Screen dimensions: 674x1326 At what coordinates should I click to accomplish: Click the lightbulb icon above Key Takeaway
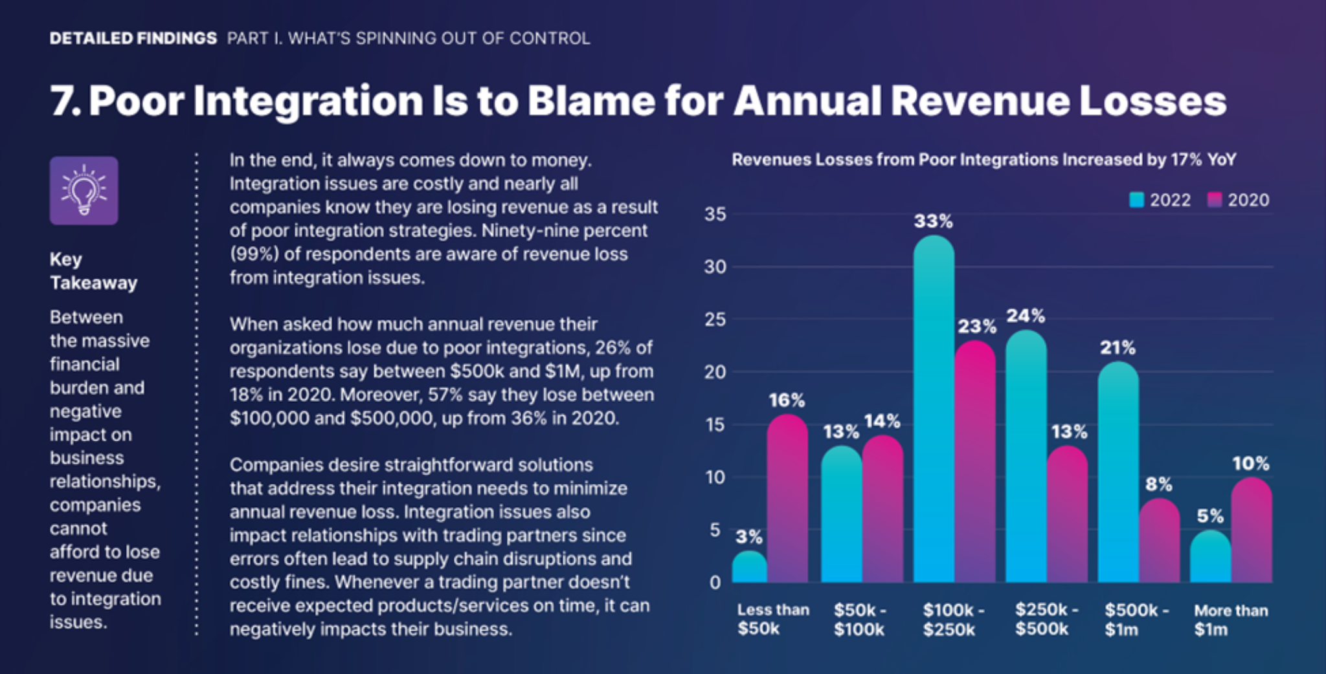coord(84,191)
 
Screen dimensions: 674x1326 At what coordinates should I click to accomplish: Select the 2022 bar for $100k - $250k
coord(934,414)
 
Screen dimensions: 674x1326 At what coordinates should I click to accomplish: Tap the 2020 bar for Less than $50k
coord(787,501)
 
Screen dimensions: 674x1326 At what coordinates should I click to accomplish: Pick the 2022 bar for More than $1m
coord(1210,558)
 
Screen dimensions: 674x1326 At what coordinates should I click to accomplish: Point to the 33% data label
coord(933,221)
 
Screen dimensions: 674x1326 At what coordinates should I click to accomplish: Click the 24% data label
coord(1025,316)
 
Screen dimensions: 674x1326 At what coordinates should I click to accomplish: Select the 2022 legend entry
coord(1160,200)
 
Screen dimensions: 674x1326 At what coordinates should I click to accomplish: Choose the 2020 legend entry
coord(1239,200)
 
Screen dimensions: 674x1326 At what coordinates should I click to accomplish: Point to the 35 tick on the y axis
coord(715,214)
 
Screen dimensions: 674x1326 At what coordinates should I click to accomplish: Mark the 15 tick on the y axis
coord(715,425)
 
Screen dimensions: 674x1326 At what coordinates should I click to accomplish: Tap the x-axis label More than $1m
coord(1230,619)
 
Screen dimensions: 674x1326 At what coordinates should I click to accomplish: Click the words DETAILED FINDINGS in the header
coord(133,38)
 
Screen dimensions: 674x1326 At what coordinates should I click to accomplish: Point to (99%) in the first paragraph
coord(254,254)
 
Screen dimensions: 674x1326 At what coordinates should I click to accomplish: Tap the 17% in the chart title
coord(1186,160)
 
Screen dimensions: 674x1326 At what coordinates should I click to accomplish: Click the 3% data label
coord(748,537)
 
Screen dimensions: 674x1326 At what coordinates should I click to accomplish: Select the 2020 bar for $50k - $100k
coord(882,511)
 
